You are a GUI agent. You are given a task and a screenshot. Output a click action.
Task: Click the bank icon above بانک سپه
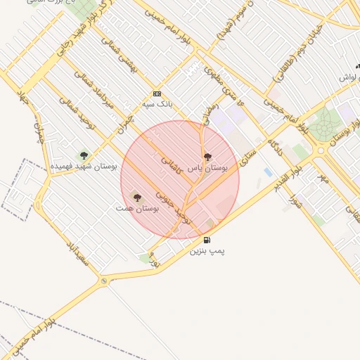(156, 94)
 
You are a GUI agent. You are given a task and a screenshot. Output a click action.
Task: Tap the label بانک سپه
(157, 103)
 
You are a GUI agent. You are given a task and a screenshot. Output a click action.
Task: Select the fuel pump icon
(207, 240)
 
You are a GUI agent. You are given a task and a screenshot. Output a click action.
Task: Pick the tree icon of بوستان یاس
(207, 157)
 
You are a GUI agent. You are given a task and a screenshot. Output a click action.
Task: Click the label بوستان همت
(137, 209)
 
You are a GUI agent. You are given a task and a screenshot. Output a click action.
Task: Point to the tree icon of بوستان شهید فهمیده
(84, 155)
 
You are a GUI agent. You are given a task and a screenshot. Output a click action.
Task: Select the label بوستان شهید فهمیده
(84, 166)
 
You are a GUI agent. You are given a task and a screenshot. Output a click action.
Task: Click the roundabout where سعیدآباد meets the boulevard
(104, 281)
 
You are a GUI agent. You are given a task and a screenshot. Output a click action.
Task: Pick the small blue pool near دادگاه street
(268, 172)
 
